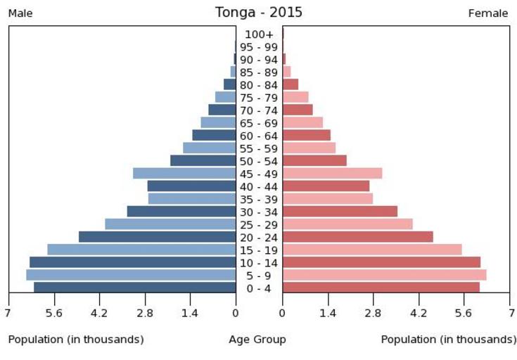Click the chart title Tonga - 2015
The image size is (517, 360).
258,13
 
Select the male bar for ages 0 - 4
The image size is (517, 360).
134,287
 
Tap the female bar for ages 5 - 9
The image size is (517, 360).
384,274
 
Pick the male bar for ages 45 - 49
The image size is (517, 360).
184,173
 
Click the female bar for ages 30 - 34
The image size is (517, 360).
340,211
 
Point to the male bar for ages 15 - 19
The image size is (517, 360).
141,249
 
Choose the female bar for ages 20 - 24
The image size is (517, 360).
357,236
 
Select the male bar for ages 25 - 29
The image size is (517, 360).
170,224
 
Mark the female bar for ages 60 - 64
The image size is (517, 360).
306,135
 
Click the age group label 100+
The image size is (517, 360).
259,34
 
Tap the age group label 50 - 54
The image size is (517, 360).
259,161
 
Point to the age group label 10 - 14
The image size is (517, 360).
259,262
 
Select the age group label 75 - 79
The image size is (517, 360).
259,98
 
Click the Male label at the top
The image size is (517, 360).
20,13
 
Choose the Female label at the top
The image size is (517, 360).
488,13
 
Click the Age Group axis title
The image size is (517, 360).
257,340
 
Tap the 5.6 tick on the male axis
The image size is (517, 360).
54,313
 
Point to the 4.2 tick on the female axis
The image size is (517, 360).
419,313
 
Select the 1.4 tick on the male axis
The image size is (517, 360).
190,313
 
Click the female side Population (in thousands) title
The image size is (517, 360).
449,340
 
